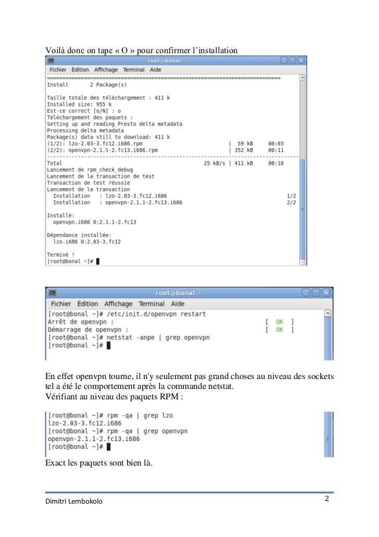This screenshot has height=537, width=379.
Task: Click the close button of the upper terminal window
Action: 301,61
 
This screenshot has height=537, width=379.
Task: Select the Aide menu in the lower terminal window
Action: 178,303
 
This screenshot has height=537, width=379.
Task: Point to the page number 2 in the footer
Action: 327,499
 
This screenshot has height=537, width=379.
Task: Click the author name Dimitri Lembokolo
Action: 74,502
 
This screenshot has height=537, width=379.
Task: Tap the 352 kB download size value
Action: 242,150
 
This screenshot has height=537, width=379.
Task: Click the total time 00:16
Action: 275,163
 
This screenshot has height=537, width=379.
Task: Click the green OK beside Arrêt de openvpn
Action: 280,322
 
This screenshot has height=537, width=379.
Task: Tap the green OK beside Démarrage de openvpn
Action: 280,329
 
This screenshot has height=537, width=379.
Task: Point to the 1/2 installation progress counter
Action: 291,196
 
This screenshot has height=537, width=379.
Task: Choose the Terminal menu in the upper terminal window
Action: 134,70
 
